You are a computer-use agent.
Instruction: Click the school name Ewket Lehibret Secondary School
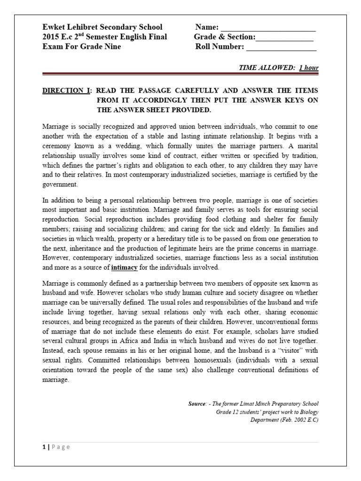[x=102, y=27]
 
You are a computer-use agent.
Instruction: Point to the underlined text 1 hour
[x=309, y=68]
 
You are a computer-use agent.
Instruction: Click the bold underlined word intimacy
[x=125, y=268]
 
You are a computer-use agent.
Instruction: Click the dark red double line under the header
[x=180, y=74]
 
